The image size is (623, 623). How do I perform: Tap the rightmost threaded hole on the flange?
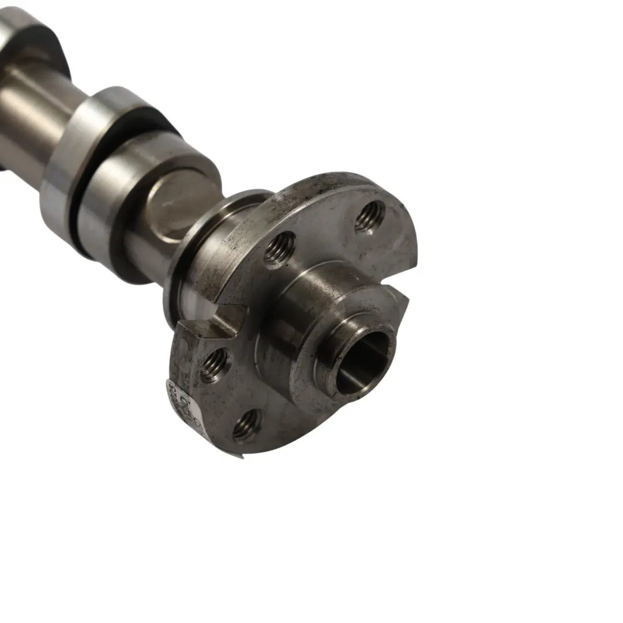(x=370, y=216)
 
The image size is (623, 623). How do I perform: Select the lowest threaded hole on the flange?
(x=247, y=426)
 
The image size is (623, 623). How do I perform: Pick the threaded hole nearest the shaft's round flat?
(x=280, y=249)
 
